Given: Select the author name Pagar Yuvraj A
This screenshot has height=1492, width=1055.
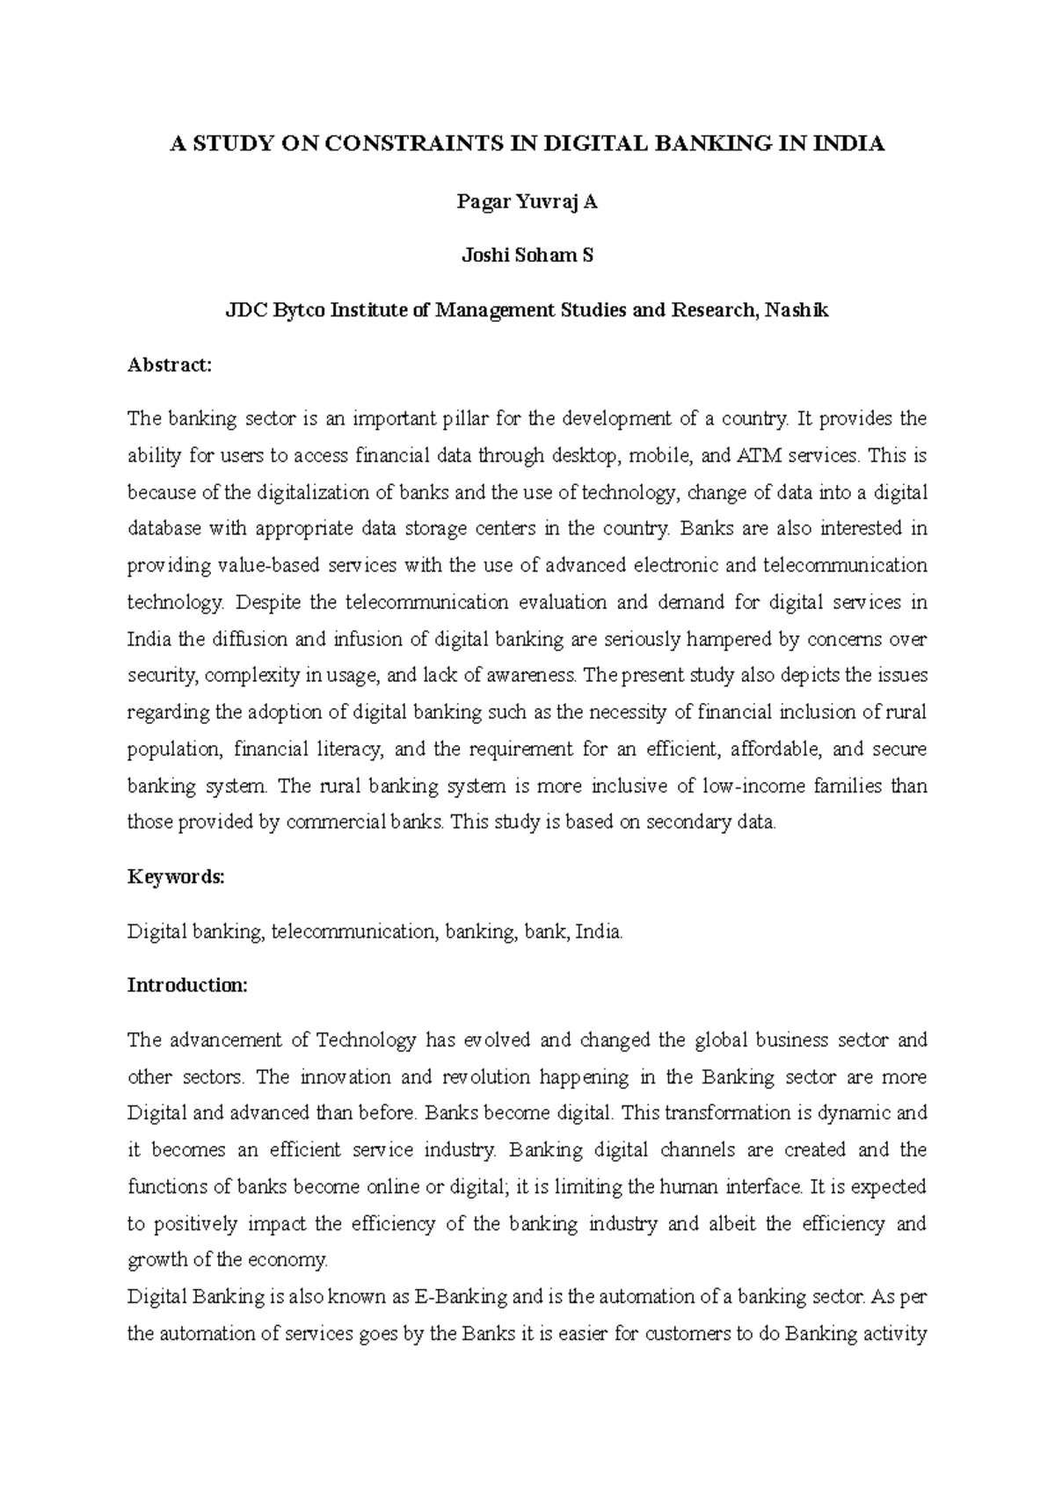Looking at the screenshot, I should point(527,202).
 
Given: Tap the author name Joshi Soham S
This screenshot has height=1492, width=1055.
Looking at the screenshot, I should point(527,256).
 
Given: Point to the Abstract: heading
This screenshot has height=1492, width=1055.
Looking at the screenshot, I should point(170,365).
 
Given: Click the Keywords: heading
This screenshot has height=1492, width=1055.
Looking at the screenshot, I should point(176,877).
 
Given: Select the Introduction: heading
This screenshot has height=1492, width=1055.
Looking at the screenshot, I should point(187,985).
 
